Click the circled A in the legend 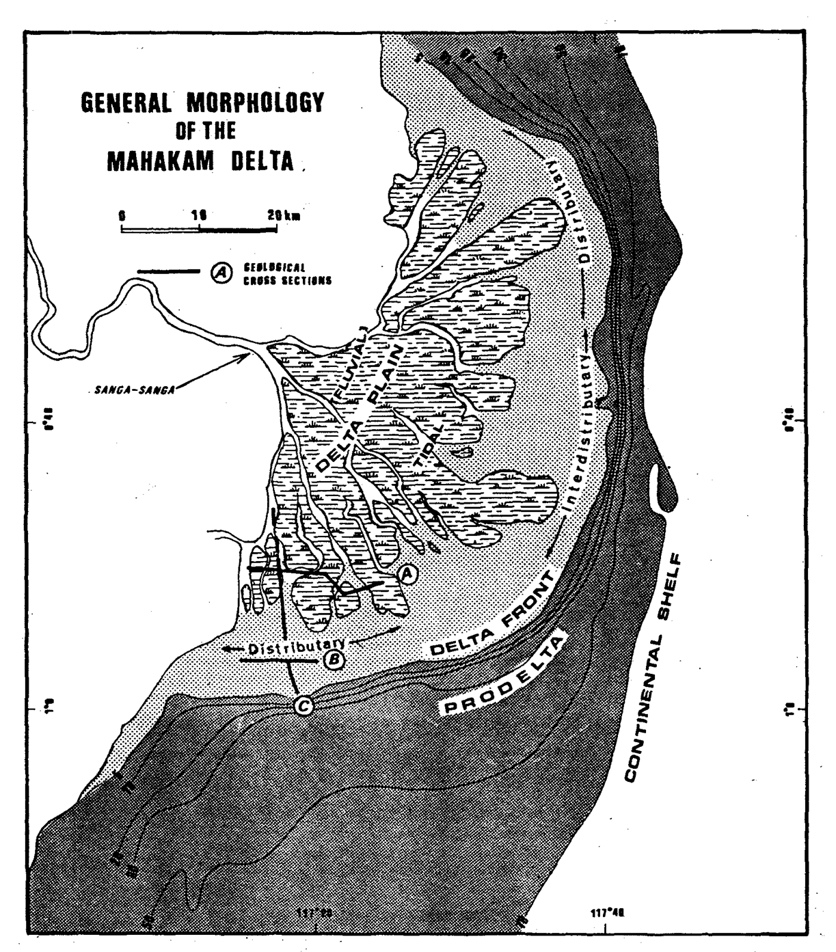coord(220,272)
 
